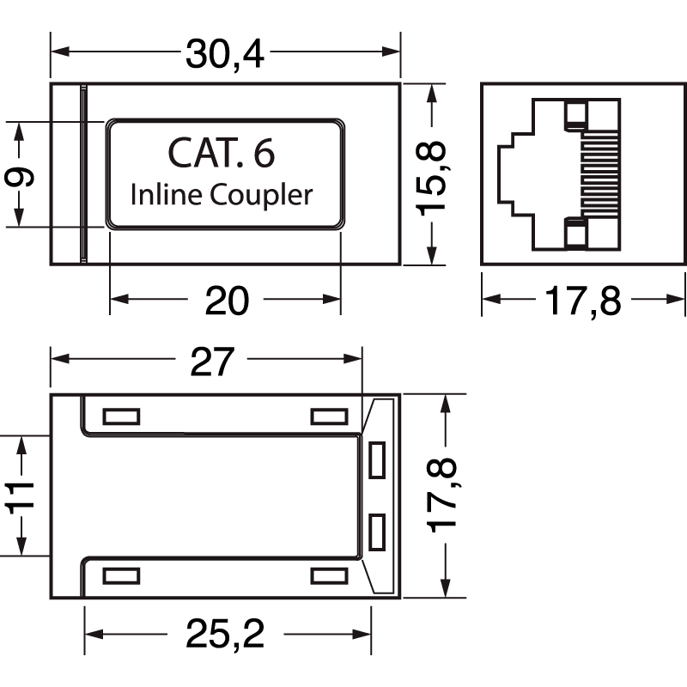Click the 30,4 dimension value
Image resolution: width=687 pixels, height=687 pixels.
pos(226,55)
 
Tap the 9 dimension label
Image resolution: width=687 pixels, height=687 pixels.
pos(19,177)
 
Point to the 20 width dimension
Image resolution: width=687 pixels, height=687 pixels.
pos(226,300)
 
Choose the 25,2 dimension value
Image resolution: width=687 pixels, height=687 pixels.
pos(225,635)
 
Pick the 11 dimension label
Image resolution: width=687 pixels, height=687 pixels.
pos(19,496)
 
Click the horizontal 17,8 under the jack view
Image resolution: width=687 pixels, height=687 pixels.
pos(582,300)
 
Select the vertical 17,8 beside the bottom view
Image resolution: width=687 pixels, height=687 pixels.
pos(445,496)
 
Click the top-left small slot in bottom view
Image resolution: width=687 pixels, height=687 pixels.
pos(120,416)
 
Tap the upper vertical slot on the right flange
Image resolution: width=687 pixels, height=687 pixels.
pos(376,460)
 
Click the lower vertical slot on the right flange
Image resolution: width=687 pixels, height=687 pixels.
pos(376,532)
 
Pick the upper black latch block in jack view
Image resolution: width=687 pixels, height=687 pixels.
pos(575,114)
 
